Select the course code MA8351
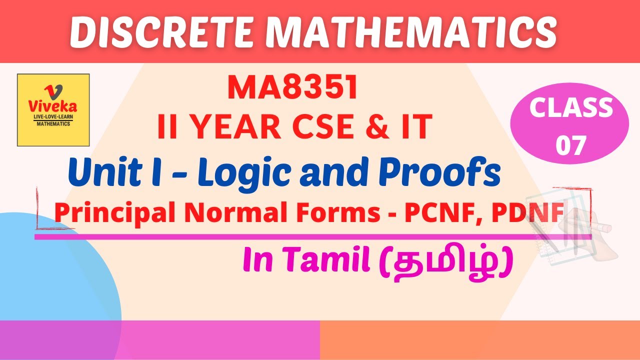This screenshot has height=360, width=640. [x=293, y=88]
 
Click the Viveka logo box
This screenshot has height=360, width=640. [x=53, y=109]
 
